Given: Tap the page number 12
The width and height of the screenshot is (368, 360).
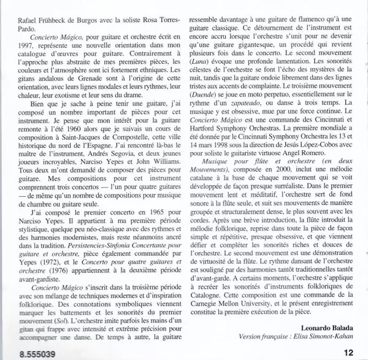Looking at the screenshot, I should tap(349, 353).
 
